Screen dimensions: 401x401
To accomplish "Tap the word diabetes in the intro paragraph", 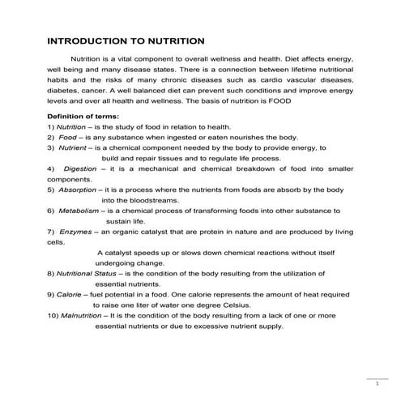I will [65, 92].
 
